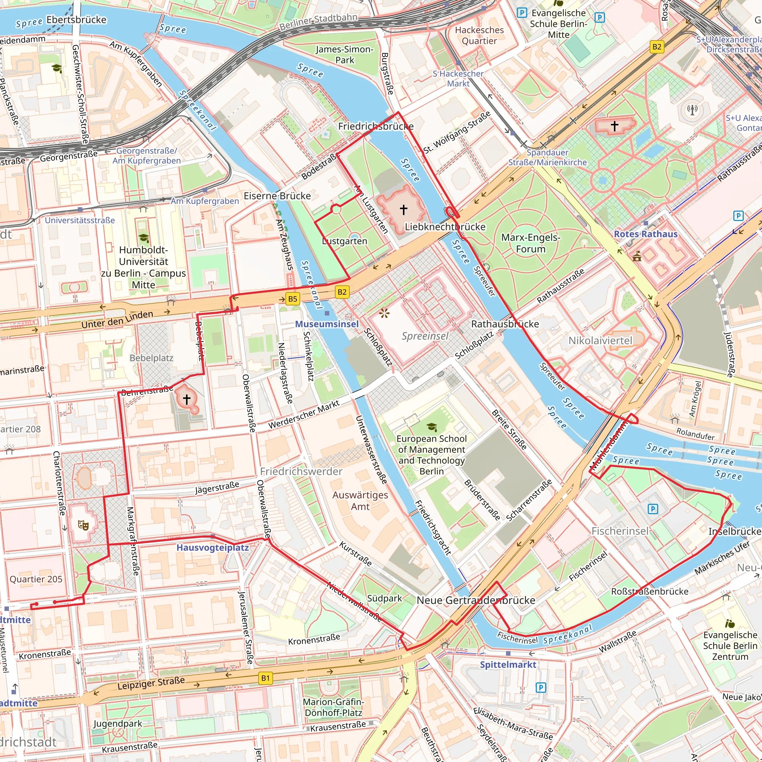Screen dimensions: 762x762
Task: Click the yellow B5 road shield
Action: [292, 298]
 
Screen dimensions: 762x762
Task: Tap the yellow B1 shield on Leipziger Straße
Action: [265, 678]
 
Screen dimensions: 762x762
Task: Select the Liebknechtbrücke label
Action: [445, 227]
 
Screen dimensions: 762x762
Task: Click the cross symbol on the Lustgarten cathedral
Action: [403, 209]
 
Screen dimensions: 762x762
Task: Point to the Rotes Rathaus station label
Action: [646, 234]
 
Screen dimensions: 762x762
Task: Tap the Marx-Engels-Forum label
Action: [531, 243]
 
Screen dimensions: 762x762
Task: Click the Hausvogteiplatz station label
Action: [212, 547]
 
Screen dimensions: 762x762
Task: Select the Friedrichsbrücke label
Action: [376, 126]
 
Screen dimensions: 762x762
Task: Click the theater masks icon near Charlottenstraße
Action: [83, 525]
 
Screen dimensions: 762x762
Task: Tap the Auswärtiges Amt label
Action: [360, 500]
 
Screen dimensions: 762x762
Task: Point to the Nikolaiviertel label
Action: [600, 340]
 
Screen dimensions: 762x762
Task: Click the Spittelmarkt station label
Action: [508, 665]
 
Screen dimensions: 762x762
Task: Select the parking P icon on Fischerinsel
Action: [653, 509]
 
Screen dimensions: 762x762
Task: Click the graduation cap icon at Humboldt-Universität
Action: [144, 238]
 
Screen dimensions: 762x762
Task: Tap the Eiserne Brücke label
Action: [277, 196]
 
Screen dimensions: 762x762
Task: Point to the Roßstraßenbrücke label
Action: [650, 591]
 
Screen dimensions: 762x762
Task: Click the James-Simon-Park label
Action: [344, 54]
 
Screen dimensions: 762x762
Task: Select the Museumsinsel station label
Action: [327, 324]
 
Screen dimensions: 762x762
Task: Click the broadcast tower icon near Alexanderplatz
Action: [692, 109]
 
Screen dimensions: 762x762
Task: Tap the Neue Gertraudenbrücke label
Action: [476, 600]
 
